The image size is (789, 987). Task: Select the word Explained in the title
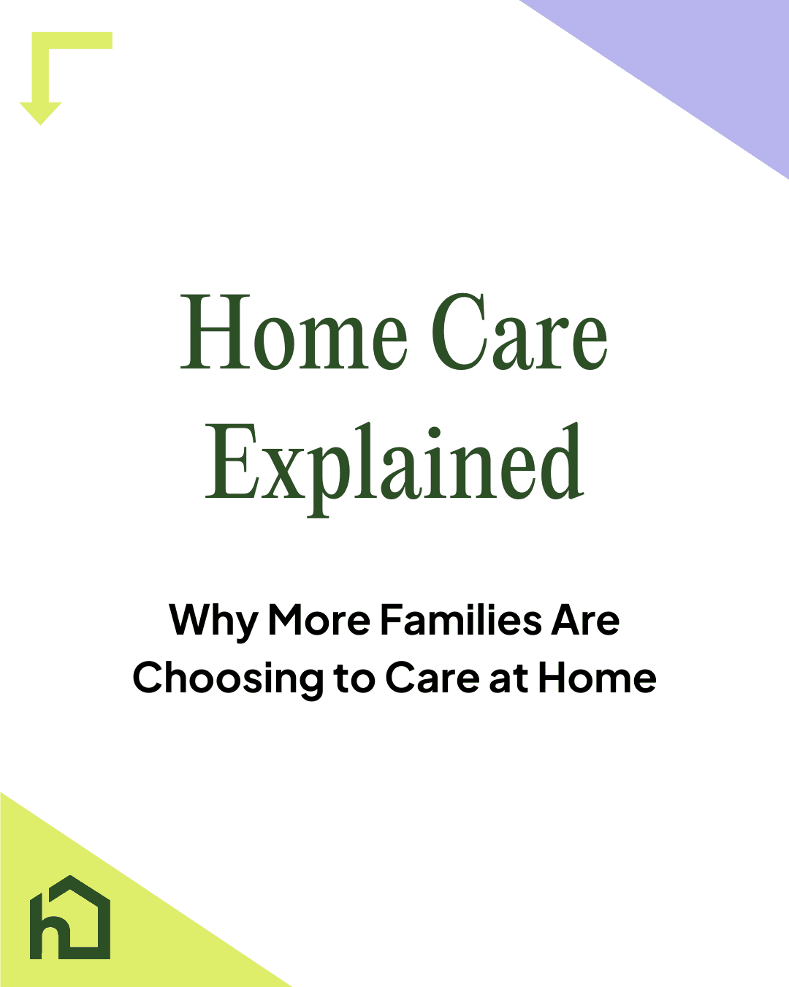[394, 465]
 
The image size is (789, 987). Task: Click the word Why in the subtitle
[213, 621]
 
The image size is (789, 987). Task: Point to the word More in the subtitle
[319, 620]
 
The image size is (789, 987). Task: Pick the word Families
[461, 620]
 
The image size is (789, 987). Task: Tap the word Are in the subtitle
[585, 620]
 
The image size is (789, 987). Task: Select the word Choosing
[228, 679]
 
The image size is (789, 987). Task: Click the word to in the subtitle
[354, 679]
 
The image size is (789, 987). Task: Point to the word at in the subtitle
[508, 679]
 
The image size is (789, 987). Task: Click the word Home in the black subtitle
[597, 678]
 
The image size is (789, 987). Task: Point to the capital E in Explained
[229, 464]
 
